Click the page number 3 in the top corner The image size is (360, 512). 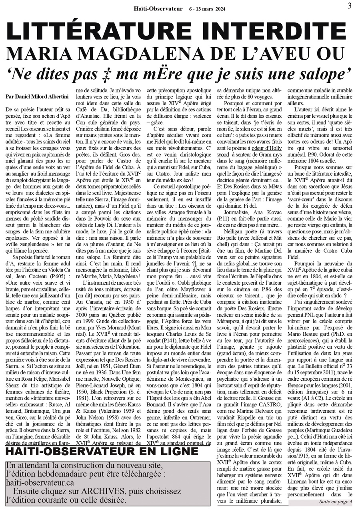(x=349, y=6)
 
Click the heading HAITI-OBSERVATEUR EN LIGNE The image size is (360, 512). (x=102, y=453)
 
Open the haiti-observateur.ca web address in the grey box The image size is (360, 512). (x=40, y=483)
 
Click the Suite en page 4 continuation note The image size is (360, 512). (x=335, y=502)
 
